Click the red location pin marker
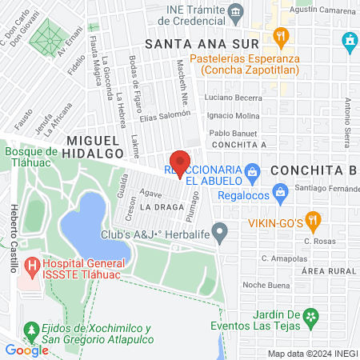coord(180,162)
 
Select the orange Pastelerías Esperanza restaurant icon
coord(279,35)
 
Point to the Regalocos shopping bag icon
coord(280,191)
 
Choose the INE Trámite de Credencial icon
coord(236,10)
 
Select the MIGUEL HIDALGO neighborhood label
coord(89,140)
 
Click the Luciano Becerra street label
coord(233,98)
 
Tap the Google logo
coord(26,350)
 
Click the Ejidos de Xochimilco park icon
coord(31,329)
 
